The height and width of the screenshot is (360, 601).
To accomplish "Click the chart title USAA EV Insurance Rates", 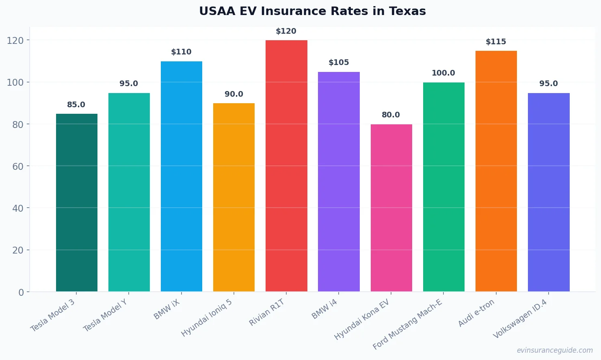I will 312,11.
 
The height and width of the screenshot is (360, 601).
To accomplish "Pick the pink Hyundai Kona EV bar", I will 391,208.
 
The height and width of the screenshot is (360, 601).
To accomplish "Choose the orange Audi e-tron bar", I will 496,171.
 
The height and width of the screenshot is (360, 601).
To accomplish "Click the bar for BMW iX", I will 182,176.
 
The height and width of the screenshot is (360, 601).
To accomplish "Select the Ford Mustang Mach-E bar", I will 443,187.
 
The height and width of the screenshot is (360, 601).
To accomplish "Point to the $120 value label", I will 286,31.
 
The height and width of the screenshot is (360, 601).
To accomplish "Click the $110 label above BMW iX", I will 181,52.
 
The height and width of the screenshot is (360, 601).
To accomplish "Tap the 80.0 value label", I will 391,115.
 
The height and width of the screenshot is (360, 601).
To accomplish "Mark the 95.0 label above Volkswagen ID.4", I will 548,84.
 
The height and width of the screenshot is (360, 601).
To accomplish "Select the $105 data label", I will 339,63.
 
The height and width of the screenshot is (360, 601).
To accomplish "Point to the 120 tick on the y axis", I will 15,41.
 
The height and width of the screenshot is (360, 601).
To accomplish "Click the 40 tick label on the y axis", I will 18,208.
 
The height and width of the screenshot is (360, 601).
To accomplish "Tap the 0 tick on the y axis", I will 21,292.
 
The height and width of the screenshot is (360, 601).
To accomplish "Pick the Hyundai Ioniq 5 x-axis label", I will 207,318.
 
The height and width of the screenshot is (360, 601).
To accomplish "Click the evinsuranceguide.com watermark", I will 555,350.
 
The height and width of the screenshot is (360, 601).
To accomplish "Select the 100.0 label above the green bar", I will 443,73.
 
